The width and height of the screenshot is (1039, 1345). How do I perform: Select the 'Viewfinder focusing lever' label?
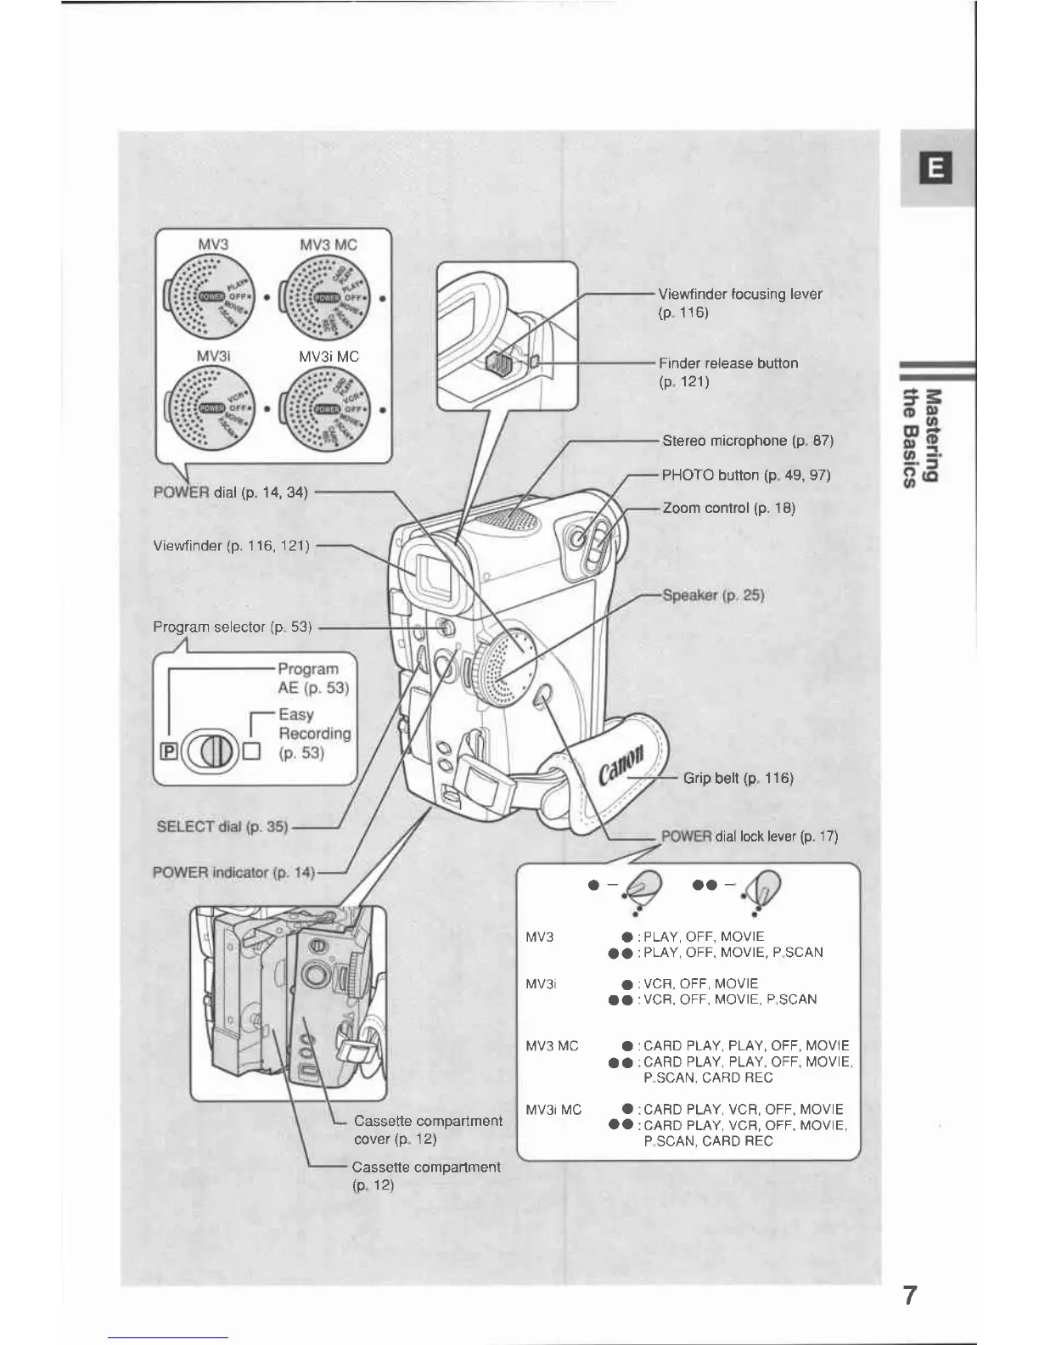[x=740, y=295]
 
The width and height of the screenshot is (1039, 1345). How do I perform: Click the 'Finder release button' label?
[x=728, y=363]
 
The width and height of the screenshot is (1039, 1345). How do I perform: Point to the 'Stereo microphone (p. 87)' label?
[x=748, y=441]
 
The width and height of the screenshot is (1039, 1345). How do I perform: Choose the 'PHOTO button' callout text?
[x=745, y=475]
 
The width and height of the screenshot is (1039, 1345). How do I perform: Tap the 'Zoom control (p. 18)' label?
[x=728, y=508]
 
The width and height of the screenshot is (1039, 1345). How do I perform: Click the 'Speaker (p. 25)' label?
[x=716, y=595]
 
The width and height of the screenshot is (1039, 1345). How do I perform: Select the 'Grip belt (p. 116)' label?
[x=739, y=778]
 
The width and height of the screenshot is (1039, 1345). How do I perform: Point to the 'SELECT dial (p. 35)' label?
[x=223, y=826]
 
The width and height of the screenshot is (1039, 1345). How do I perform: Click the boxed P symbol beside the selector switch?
[x=167, y=751]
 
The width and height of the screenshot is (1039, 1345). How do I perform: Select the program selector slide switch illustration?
[x=210, y=751]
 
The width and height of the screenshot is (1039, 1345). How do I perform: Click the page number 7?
[x=909, y=1297]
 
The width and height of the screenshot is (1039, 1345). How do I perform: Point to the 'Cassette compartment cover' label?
[x=428, y=1129]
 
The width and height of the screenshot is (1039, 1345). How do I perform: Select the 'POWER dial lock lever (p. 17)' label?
[x=750, y=836]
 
